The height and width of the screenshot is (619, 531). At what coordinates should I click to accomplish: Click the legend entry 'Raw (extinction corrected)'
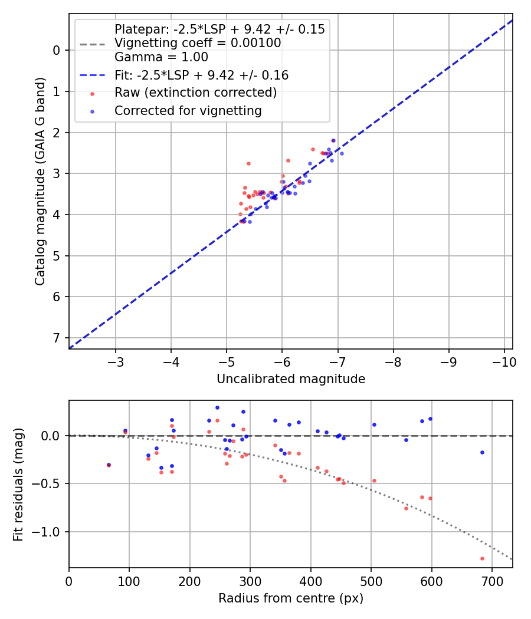click(x=195, y=93)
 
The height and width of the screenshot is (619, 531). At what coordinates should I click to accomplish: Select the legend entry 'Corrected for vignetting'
click(x=188, y=110)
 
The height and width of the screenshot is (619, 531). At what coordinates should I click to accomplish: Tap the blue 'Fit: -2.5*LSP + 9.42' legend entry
click(x=201, y=75)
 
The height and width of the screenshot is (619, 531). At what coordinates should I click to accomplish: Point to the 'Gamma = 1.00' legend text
click(x=161, y=57)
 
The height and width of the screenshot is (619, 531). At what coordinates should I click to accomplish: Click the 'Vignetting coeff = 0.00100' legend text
click(x=197, y=43)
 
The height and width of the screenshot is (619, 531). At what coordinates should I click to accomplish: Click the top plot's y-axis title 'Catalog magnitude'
click(x=40, y=186)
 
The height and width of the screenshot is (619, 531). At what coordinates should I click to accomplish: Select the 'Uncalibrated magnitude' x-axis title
click(x=290, y=379)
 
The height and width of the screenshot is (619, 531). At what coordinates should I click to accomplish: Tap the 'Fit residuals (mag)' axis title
click(x=18, y=484)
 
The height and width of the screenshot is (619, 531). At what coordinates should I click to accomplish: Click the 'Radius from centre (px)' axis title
click(x=290, y=598)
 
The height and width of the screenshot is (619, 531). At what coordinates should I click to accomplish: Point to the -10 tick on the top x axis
click(x=502, y=361)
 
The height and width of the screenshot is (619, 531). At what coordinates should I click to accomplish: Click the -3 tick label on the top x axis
click(x=116, y=361)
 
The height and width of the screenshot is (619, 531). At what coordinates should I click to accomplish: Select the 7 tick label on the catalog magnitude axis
click(x=57, y=338)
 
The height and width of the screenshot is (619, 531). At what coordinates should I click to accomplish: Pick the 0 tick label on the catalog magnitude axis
click(x=57, y=50)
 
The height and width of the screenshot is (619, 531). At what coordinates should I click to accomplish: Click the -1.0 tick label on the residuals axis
click(x=48, y=532)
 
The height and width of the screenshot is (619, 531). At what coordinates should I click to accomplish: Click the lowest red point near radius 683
click(x=482, y=558)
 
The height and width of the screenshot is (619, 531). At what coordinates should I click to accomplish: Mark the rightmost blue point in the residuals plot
click(x=482, y=452)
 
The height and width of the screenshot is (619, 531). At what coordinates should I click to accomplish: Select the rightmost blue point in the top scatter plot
click(x=342, y=153)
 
